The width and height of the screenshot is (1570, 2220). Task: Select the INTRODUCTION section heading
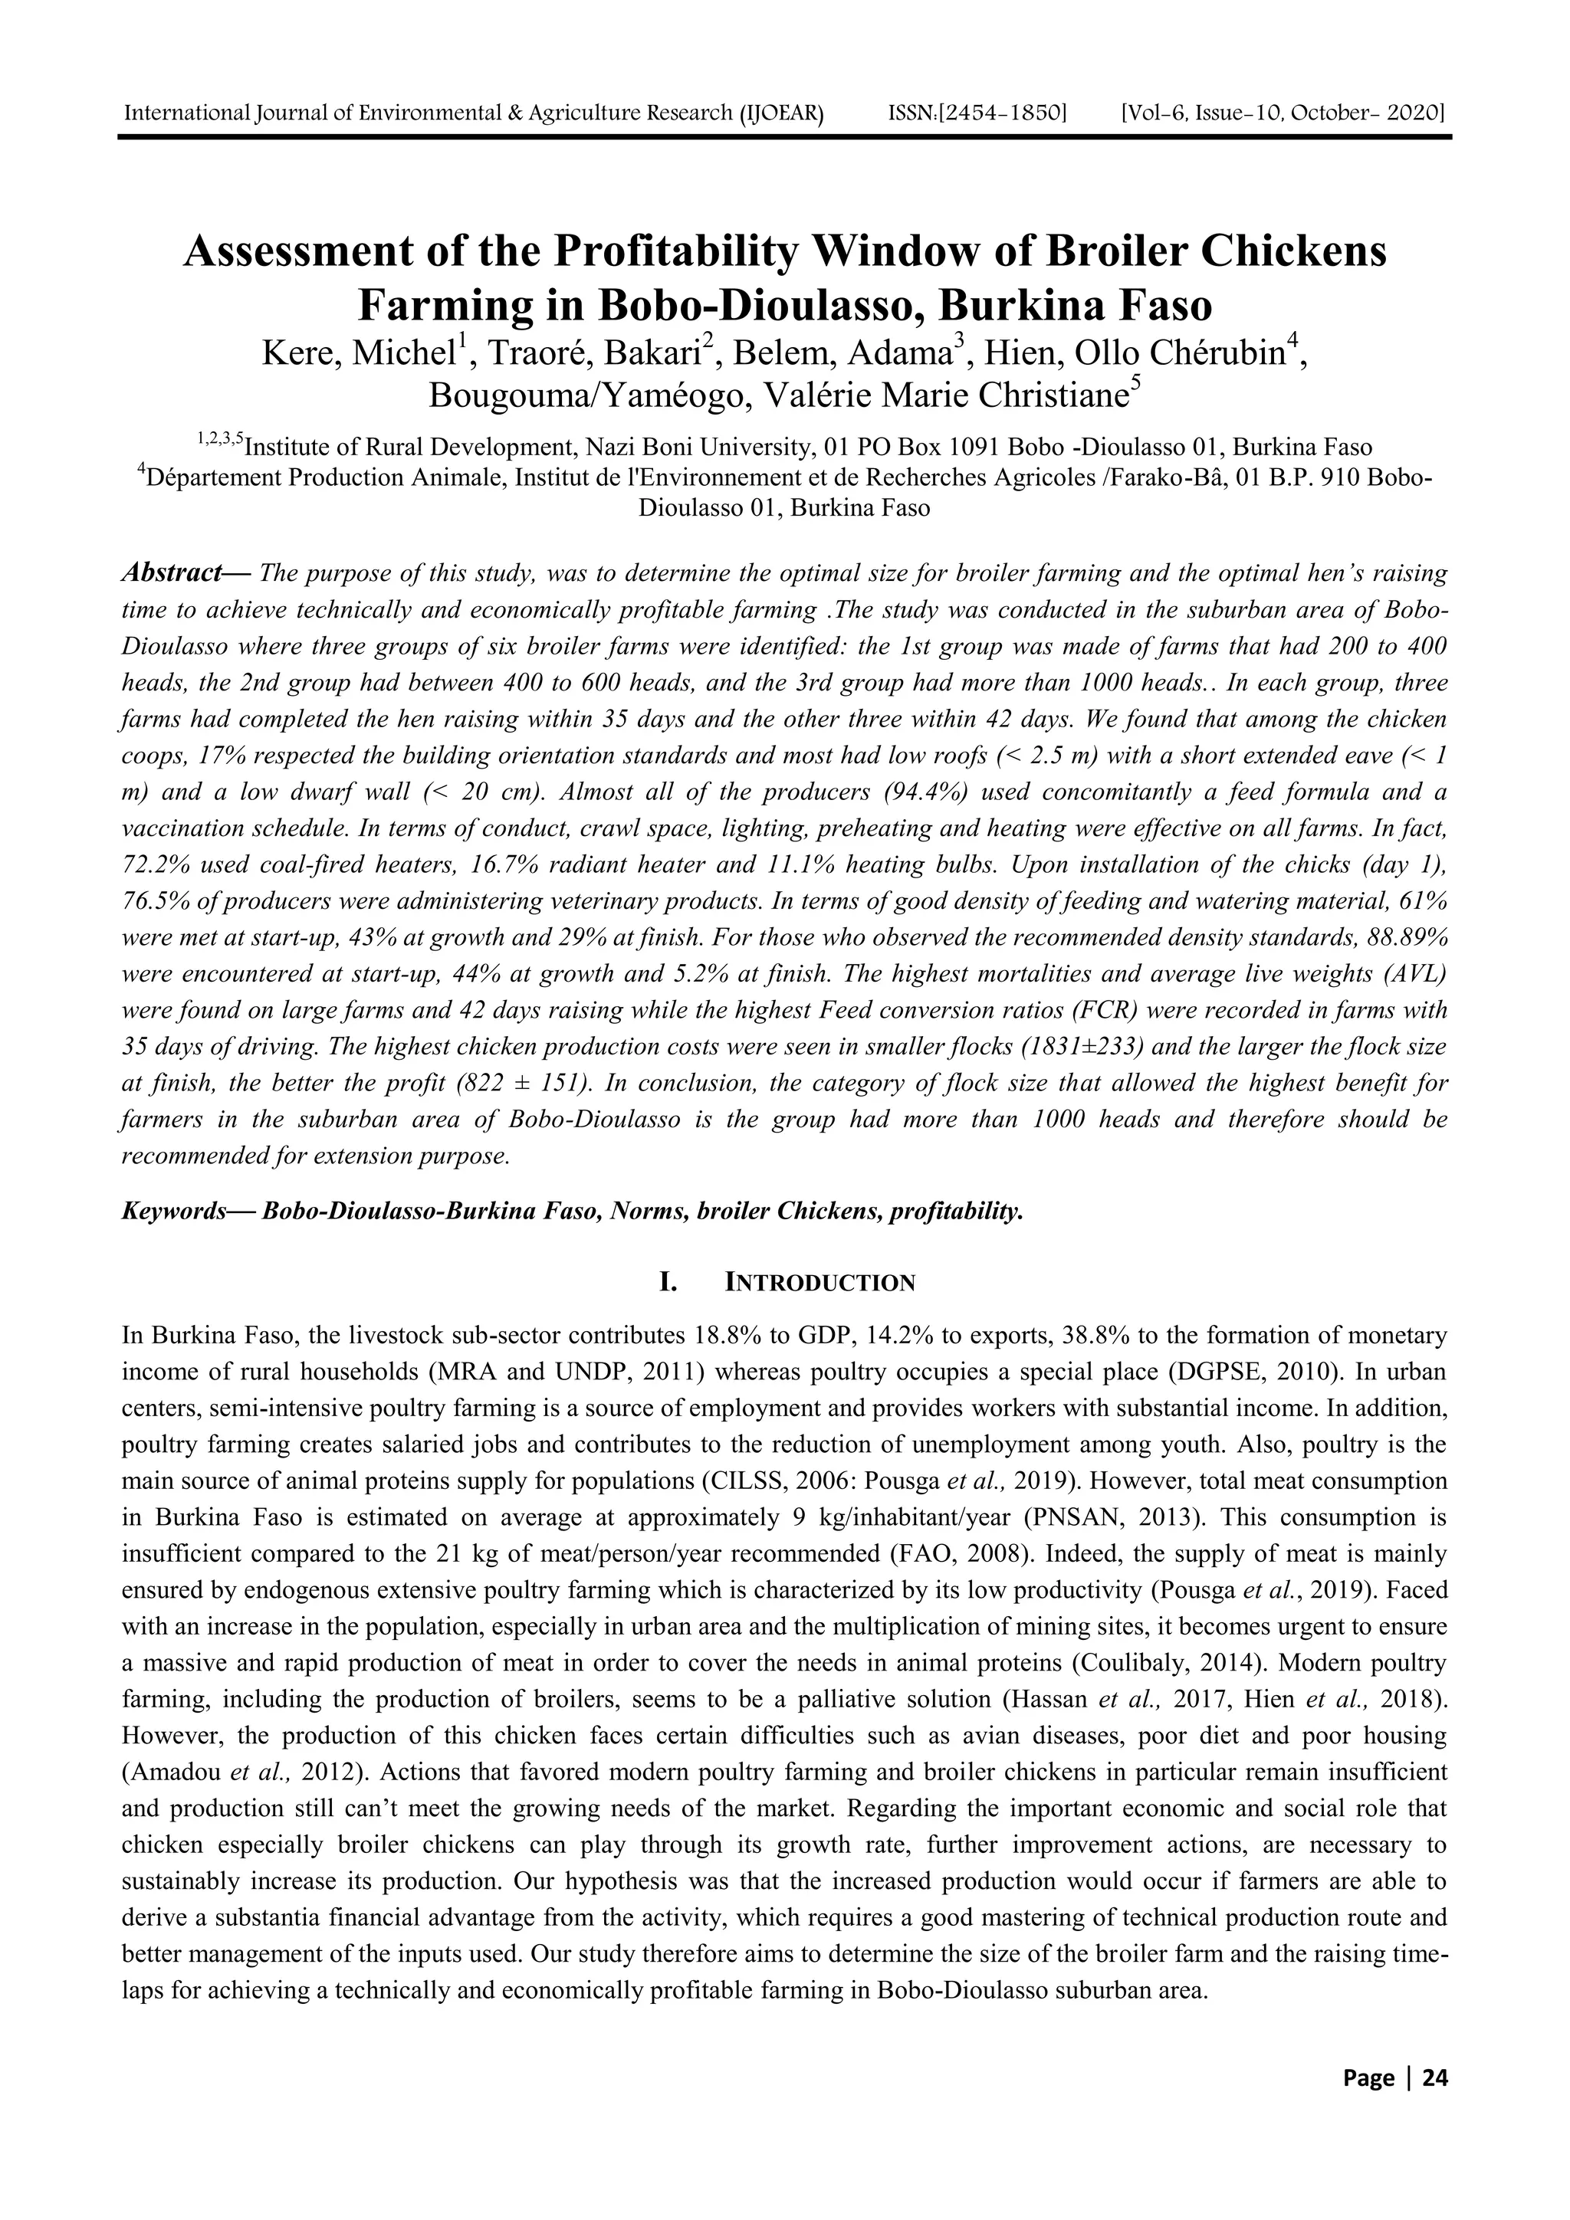[x=820, y=1283]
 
